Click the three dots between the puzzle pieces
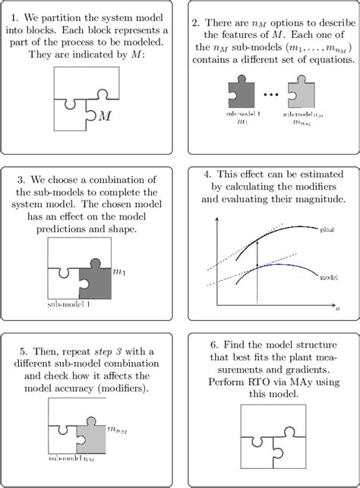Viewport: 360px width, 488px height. point(272,99)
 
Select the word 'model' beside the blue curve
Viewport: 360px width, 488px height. point(328,279)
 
